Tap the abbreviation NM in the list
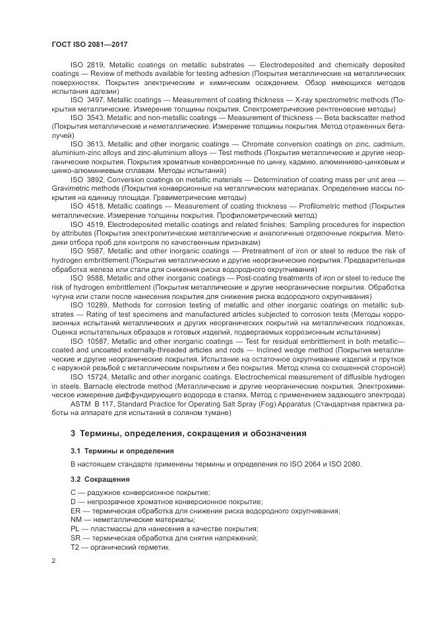click(x=76, y=520)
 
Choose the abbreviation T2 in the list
click(x=75, y=547)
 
